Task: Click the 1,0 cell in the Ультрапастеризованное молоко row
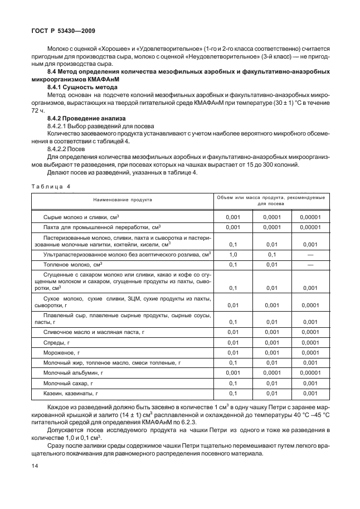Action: pyautogui.click(x=233, y=254)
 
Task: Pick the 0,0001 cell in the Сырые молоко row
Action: pyautogui.click(x=271, y=217)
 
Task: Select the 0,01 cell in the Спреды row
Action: pyautogui.click(x=233, y=342)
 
